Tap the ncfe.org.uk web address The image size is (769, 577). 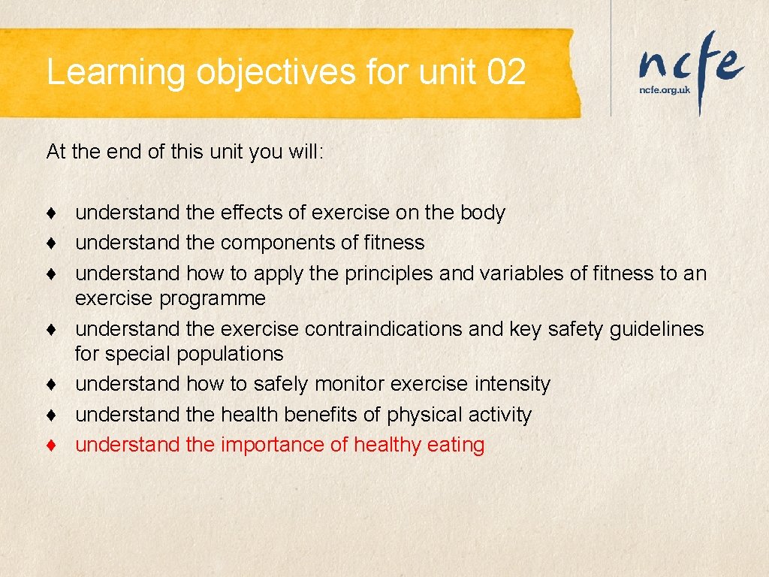point(664,89)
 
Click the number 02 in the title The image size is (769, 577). point(506,73)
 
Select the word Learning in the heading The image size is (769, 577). point(116,73)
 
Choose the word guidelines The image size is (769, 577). point(656,329)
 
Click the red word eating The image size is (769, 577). point(456,445)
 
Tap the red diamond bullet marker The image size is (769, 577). point(51,445)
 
